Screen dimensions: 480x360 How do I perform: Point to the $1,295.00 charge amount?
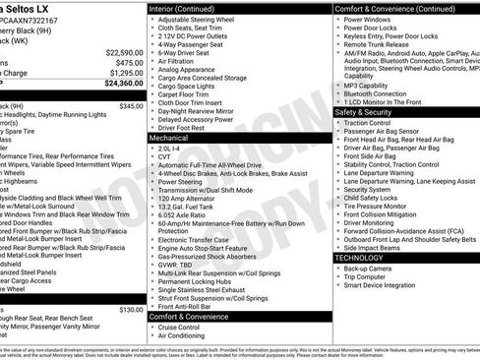[121, 73]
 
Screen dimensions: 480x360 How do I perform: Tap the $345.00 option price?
[130, 105]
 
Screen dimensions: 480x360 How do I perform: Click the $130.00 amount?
[130, 309]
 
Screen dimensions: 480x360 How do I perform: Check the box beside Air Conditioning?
[152, 336]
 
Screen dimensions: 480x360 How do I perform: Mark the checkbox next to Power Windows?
[339, 19]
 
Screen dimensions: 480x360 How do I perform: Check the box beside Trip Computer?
[339, 277]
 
